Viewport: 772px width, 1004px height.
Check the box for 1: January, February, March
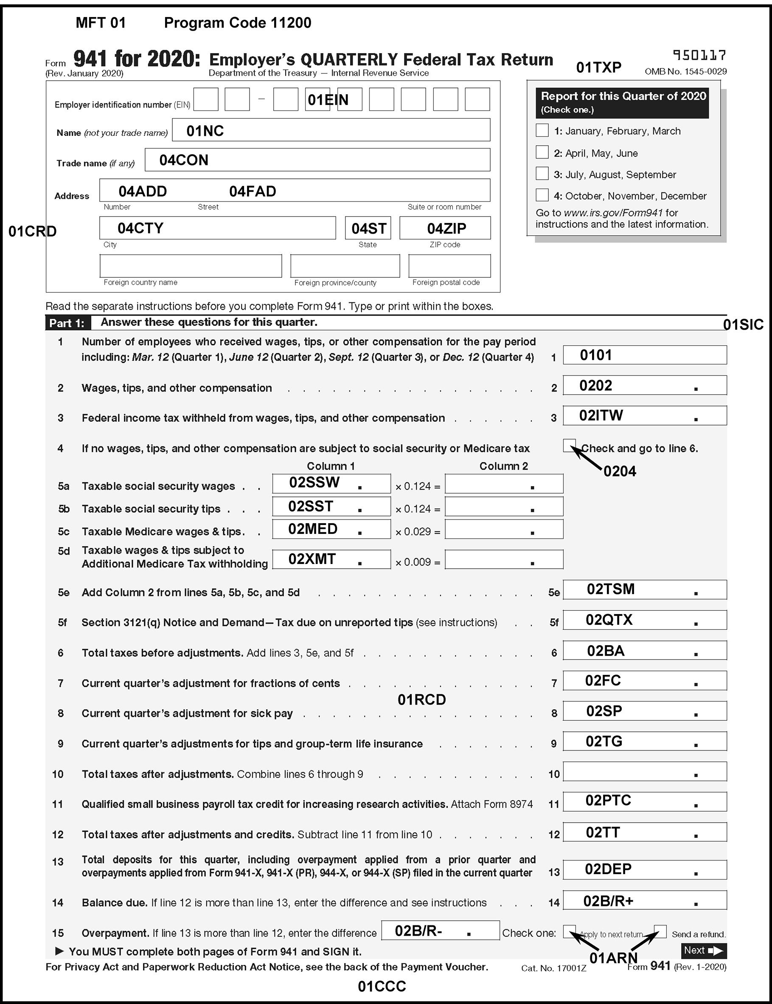click(542, 130)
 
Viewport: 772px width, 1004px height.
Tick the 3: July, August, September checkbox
click(542, 174)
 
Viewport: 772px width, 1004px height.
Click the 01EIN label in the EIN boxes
click(328, 100)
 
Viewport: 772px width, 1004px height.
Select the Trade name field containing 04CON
click(317, 160)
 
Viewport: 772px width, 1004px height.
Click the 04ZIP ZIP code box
click(445, 228)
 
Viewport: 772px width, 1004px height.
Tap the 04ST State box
click(368, 228)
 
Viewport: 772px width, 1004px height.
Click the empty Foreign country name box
click(191, 266)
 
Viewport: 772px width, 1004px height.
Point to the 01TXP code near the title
click(598, 68)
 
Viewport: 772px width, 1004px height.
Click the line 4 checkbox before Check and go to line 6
click(570, 445)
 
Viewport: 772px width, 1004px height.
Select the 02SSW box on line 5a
click(331, 484)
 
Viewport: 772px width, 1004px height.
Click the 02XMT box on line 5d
click(331, 559)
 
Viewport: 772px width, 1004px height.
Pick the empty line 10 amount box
click(645, 771)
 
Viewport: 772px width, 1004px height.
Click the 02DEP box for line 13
click(645, 869)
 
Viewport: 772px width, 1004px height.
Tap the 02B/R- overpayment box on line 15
click(440, 931)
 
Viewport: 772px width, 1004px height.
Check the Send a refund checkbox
click(660, 931)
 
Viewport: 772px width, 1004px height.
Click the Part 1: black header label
click(67, 323)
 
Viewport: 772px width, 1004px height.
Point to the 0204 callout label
click(620, 471)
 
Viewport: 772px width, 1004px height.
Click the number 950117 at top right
click(699, 56)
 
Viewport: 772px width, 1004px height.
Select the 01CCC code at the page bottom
click(382, 986)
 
